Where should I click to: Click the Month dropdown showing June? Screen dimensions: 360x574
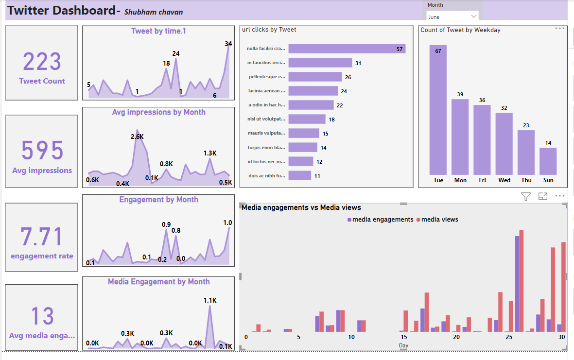[x=452, y=17]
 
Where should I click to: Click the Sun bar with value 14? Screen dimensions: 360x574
[x=548, y=161]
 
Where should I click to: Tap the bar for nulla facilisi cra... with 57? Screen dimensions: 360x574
[x=347, y=49]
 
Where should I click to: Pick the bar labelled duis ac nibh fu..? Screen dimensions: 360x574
[x=299, y=175]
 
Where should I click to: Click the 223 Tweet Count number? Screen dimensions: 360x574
[x=42, y=62]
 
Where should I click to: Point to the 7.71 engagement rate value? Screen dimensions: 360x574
[x=42, y=237]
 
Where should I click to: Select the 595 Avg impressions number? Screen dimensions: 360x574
[x=42, y=150]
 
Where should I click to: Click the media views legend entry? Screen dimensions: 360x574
[x=439, y=220]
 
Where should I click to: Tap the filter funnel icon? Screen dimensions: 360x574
[x=526, y=196]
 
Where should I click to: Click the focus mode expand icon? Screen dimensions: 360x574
[x=543, y=196]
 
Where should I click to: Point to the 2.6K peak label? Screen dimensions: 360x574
[x=138, y=137]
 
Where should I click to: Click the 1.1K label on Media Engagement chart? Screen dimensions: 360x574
[x=210, y=300]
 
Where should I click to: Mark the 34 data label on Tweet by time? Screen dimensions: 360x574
[x=228, y=44]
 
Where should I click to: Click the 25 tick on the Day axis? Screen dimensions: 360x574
[x=508, y=337]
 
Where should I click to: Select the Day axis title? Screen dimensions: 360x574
[x=403, y=345]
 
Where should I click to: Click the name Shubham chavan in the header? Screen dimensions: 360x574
[x=154, y=12]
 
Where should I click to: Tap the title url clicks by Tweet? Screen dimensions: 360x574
[x=269, y=30]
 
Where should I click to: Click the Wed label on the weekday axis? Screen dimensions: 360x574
[x=504, y=180]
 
